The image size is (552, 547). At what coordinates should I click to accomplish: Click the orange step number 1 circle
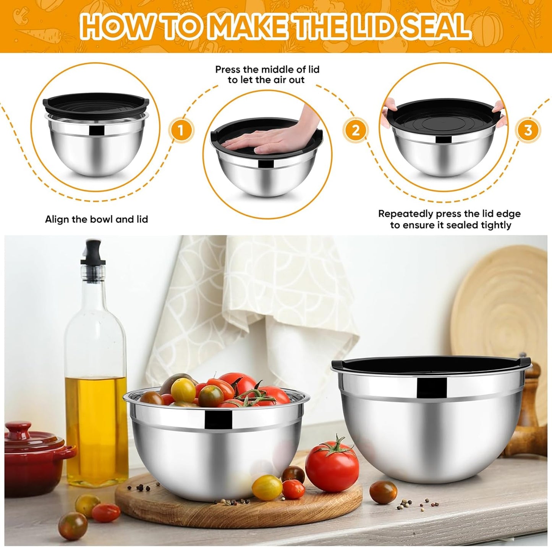pos(181,130)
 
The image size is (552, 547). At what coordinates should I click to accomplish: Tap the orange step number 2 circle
pos(356,130)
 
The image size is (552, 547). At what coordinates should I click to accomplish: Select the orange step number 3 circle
pos(528,130)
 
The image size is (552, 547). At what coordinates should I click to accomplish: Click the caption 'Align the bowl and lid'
pos(96,220)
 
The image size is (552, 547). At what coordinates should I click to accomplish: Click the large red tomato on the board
pos(332,467)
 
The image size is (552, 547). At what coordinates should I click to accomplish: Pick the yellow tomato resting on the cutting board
pos(267,487)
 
